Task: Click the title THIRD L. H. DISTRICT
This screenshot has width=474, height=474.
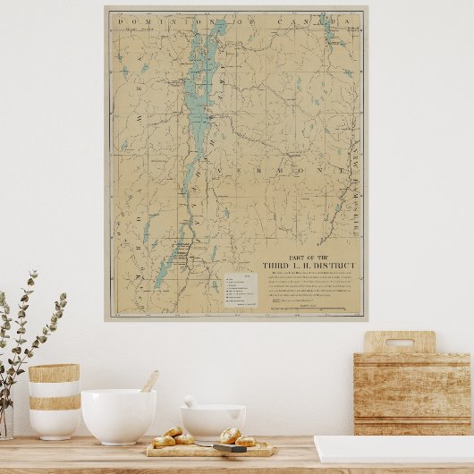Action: pos(309,266)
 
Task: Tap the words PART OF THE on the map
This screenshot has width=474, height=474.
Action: pos(309,257)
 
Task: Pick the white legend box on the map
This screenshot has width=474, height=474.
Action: pos(240,288)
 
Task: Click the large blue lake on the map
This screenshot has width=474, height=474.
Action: pos(200,107)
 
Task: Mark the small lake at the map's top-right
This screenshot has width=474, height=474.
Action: pos(328,30)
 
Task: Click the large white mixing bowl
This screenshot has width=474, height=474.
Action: pos(118,416)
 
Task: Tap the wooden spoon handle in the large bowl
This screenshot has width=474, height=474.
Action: pos(149,382)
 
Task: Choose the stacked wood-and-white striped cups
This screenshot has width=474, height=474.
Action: pos(54,400)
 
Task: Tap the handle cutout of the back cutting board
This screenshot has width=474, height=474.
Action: pos(400,342)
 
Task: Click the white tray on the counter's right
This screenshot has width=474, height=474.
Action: pos(394,448)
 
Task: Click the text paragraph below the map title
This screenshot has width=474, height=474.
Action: pos(309,286)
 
